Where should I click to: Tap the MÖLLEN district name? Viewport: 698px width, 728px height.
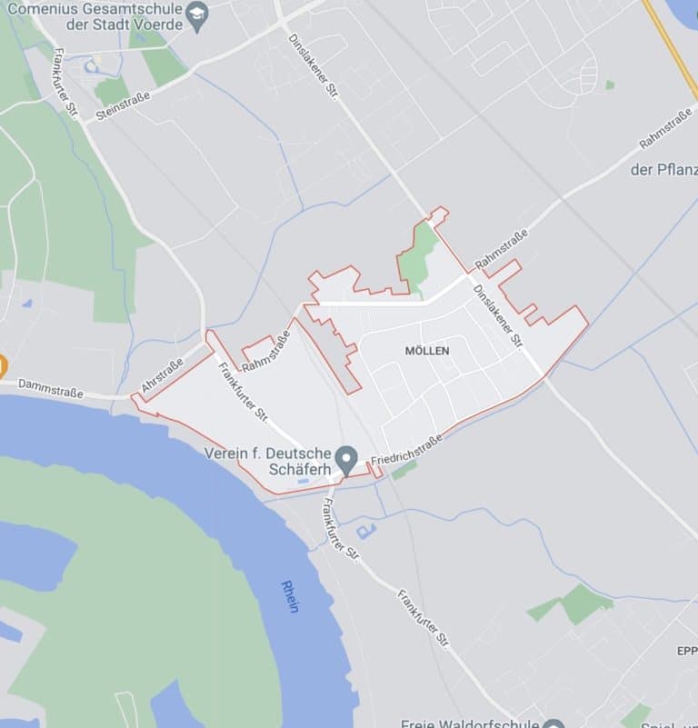click(426, 350)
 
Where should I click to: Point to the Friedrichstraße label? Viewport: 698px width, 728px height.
click(406, 449)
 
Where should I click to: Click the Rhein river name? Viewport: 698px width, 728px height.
click(290, 596)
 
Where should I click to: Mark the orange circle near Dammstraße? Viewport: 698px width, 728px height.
click(2, 368)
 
